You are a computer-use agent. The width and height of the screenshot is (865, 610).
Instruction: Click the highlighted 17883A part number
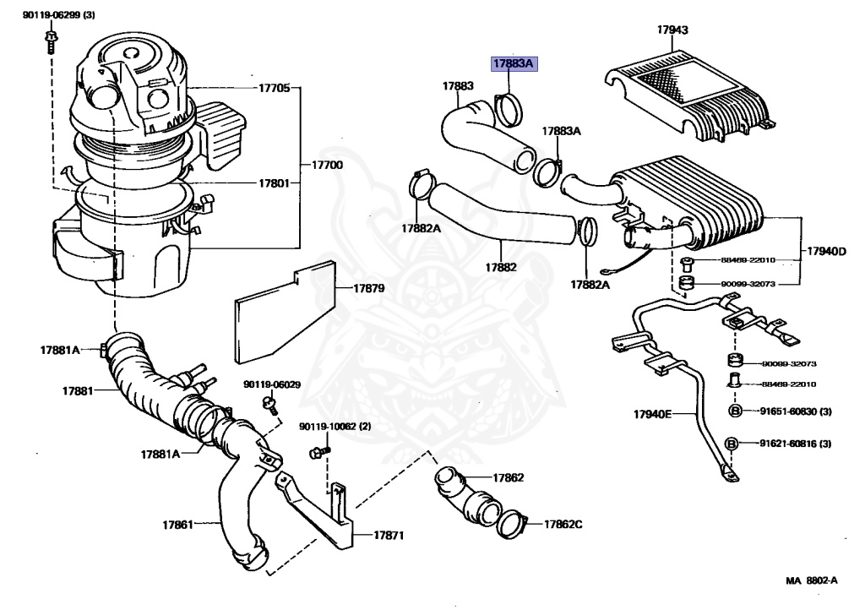pos(514,64)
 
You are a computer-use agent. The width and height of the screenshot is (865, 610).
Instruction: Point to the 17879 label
pos(368,289)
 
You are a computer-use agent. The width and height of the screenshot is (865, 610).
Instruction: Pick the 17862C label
pos(563,524)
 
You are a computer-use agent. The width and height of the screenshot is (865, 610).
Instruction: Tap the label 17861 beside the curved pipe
pos(178,525)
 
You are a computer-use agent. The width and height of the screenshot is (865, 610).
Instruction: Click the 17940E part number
pos(652,414)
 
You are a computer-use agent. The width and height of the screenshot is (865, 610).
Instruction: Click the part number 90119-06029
pos(271,384)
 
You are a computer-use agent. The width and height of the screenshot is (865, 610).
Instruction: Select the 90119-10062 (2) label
pos(335,427)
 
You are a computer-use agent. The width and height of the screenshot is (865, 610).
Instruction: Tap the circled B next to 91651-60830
pos(734,411)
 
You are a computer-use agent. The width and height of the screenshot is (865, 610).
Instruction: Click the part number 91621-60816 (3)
pos(794,444)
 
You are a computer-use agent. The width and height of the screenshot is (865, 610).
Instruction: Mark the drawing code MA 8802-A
pos(811,580)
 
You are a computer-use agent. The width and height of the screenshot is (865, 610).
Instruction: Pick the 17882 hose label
pos(500,267)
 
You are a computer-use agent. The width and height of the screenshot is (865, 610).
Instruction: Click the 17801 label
pos(274,182)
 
